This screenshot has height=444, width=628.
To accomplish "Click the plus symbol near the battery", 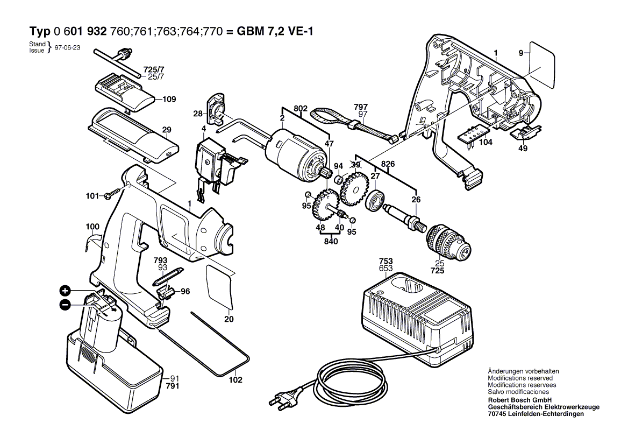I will [65, 291].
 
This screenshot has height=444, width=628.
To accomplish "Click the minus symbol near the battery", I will [65, 305].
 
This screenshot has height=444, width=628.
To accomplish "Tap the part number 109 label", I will [169, 100].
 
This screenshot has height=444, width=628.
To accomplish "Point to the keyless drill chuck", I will [447, 243].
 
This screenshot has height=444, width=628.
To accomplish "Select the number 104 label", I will [486, 143].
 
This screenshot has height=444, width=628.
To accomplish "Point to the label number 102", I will [236, 379].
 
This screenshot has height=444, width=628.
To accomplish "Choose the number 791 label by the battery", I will [172, 386].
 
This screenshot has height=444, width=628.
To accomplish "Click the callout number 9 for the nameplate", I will [520, 53].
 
